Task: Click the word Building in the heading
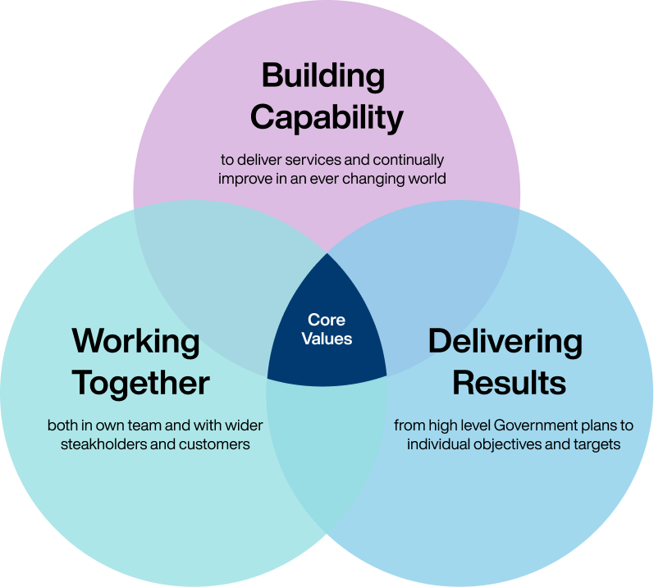tap(322, 76)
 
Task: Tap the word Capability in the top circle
tap(327, 117)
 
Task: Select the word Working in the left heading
tap(135, 341)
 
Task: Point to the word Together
tap(140, 383)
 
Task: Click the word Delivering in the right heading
tap(505, 341)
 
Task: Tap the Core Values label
tap(326, 329)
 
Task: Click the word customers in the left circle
tap(214, 444)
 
